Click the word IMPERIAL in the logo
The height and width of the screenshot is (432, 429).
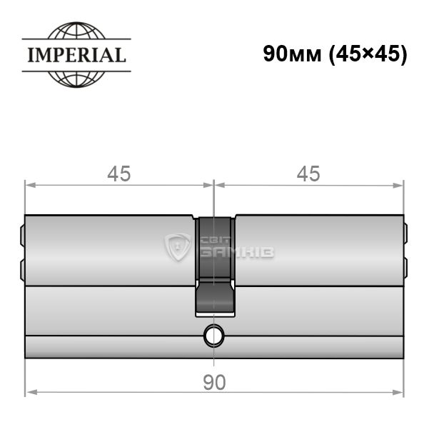click(76, 55)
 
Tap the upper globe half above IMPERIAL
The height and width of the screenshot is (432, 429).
click(76, 30)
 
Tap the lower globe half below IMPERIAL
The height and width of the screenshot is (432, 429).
click(76, 80)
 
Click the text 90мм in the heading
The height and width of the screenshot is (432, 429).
click(292, 54)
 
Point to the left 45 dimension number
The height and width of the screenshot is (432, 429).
click(119, 174)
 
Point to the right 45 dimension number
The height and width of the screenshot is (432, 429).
click(308, 174)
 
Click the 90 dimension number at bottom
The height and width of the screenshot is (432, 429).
click(214, 383)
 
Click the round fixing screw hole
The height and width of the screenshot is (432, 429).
click(213, 336)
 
